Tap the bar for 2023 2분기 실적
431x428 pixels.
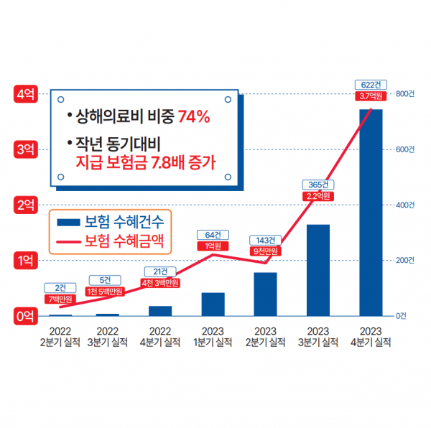(x=265, y=294)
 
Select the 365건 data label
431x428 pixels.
(x=318, y=184)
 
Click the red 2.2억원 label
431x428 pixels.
(x=318, y=195)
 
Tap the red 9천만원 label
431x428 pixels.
(x=265, y=251)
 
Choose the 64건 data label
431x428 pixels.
(x=213, y=235)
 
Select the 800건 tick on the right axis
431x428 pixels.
(x=405, y=93)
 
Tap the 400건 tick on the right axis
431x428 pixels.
(x=405, y=205)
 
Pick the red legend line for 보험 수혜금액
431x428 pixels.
(x=68, y=241)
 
